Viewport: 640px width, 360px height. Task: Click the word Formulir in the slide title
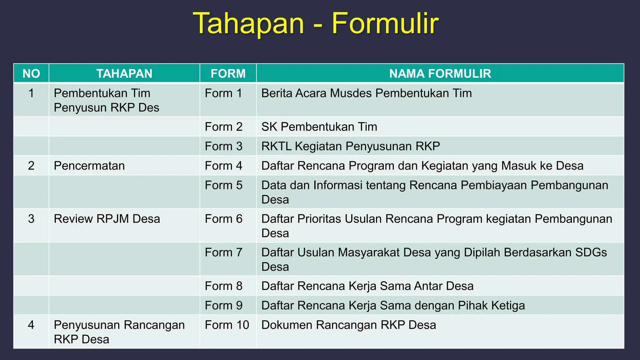click(x=385, y=23)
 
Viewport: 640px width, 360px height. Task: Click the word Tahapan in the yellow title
click(x=249, y=23)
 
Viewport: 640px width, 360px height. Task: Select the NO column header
click(x=31, y=74)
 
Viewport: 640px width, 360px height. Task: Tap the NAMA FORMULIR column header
click(x=440, y=74)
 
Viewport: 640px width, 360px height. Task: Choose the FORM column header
click(x=228, y=74)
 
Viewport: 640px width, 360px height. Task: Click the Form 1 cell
click(x=223, y=93)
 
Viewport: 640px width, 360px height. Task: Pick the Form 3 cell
click(x=223, y=146)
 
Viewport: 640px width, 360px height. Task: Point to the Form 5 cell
click(x=223, y=185)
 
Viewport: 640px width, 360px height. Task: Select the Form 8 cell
click(x=223, y=286)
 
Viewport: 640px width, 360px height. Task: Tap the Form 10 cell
click(x=227, y=325)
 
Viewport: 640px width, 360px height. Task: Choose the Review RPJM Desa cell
click(x=107, y=219)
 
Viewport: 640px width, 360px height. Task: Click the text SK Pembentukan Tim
click(x=319, y=127)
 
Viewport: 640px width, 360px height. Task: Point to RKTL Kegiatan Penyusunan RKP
click(x=351, y=146)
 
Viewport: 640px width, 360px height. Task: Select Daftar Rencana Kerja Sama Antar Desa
click(x=367, y=286)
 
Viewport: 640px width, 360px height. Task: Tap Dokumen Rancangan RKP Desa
click(x=348, y=325)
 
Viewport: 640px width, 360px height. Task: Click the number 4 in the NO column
click(x=31, y=325)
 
